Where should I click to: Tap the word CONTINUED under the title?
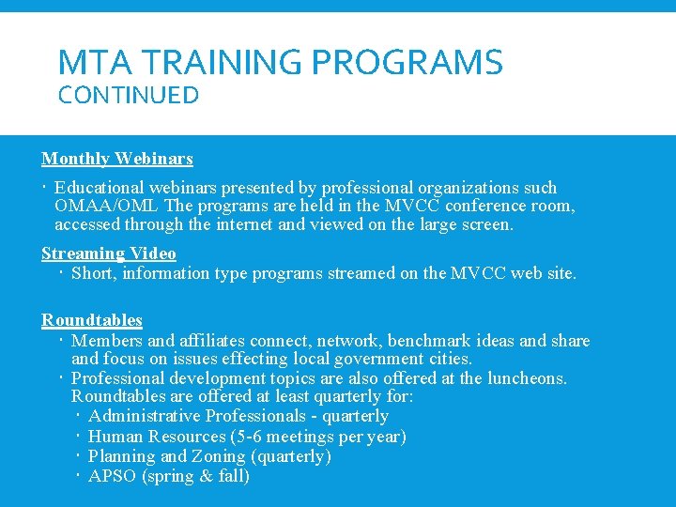(129, 96)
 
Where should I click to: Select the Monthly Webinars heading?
(116, 159)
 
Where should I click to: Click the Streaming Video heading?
(109, 253)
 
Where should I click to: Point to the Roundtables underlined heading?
(92, 320)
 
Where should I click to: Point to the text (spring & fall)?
(195, 476)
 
